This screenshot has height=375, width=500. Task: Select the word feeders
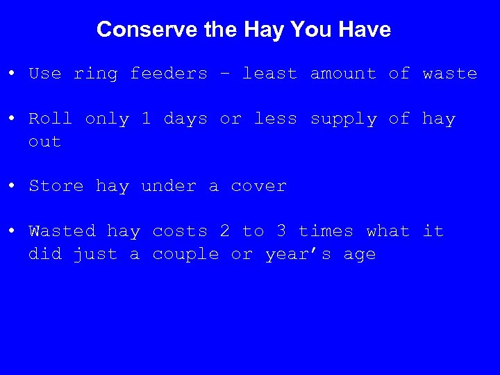click(169, 74)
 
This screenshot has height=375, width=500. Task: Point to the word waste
click(450, 74)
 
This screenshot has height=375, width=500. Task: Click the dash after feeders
click(225, 74)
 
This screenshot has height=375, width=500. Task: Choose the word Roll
click(51, 119)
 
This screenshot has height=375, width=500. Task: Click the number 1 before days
click(146, 119)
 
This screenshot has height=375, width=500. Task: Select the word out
click(45, 142)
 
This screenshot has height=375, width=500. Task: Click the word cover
click(258, 186)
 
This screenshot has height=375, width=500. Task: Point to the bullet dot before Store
click(12, 186)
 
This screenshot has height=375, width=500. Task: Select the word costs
click(180, 231)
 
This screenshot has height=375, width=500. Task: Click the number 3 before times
click(281, 231)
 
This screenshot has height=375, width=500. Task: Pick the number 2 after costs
click(224, 231)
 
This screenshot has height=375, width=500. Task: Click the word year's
click(299, 255)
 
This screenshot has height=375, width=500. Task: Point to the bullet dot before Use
click(12, 74)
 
